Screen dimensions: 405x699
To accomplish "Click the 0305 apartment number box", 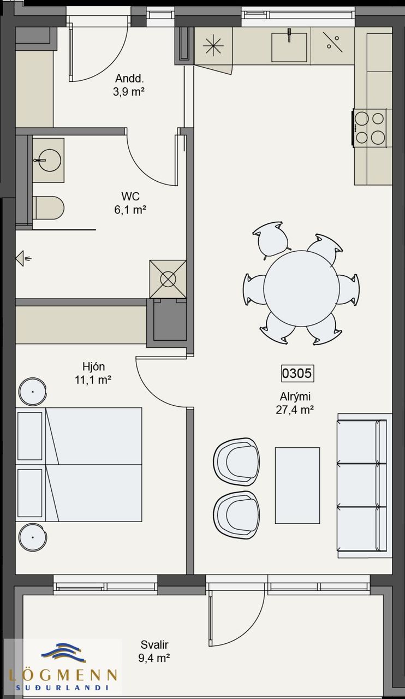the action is tap(297, 373).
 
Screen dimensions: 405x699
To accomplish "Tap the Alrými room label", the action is tap(295, 396).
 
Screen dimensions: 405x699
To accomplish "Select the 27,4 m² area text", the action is tap(295, 410).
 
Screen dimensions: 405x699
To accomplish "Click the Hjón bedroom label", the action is tap(93, 366).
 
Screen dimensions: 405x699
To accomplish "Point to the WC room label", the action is tap(130, 196).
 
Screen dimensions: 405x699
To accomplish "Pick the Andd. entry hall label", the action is tap(129, 78).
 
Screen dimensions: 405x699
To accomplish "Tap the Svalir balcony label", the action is tap(154, 644).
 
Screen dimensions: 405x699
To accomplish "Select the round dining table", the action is tap(301, 288).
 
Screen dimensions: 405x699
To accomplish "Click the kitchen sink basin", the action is tap(289, 48).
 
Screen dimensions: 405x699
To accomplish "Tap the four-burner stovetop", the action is tap(370, 127).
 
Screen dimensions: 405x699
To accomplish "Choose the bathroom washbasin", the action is tap(49, 161).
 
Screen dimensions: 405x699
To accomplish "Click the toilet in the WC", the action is tap(49, 208).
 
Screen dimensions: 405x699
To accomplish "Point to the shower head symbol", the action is tap(23, 258).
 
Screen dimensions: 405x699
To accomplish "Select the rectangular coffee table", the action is tap(297, 485).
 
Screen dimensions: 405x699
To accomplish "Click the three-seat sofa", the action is tap(365, 485).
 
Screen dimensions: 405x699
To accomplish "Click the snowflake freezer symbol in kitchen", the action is tap(213, 46).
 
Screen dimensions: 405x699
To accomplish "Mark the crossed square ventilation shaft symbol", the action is tap(168, 279).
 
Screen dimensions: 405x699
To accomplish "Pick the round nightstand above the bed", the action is tap(33, 392).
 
